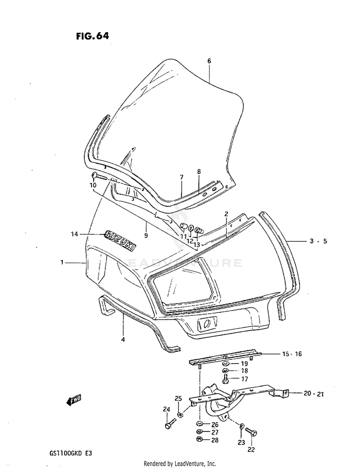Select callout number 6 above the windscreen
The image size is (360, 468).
(209, 61)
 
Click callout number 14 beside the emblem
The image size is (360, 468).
(74, 234)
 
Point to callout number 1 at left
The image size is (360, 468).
(62, 262)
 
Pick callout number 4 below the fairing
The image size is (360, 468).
(123, 340)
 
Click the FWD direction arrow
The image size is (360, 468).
(74, 400)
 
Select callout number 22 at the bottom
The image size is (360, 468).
(251, 450)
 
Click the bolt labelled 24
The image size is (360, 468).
(169, 426)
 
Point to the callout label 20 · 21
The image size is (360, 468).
(314, 394)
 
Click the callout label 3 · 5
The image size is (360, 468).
(318, 241)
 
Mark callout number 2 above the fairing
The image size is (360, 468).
(226, 213)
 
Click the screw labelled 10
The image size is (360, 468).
(99, 176)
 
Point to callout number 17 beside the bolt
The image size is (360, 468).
(244, 379)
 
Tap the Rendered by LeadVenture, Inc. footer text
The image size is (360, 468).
(180, 463)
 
